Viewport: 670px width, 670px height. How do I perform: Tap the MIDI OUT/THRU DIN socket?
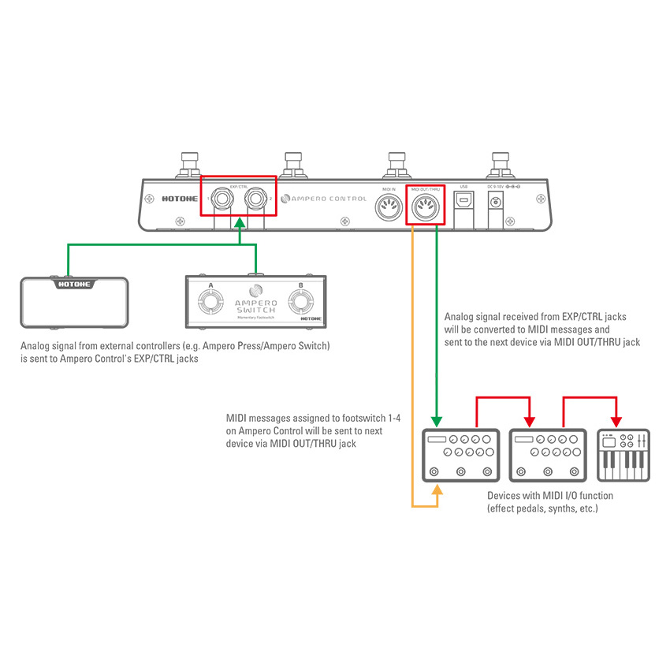(x=425, y=208)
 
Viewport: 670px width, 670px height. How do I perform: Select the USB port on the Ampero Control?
(x=463, y=202)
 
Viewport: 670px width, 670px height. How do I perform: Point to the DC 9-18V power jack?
(x=496, y=203)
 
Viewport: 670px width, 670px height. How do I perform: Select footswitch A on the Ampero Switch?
(x=210, y=302)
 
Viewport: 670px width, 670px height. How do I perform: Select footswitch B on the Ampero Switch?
(x=300, y=302)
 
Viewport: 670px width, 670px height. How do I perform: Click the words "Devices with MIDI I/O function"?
(x=549, y=496)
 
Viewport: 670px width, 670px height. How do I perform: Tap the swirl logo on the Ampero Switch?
(x=255, y=289)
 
